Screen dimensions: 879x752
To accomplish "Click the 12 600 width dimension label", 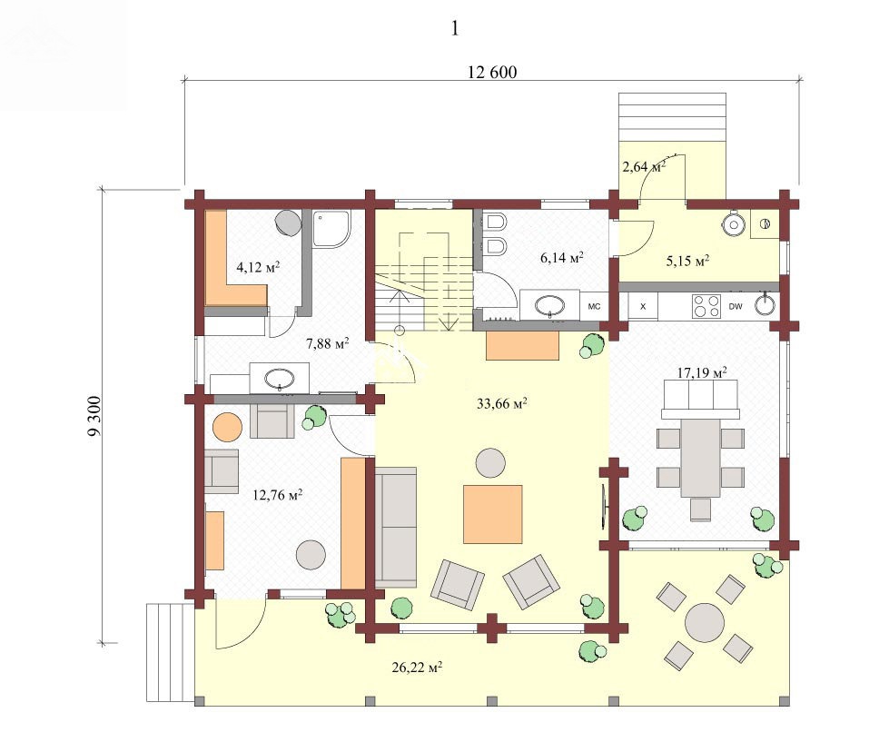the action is (x=492, y=73).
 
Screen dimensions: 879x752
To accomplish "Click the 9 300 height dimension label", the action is (x=94, y=416).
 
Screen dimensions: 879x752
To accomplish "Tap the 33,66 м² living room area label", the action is (x=502, y=403).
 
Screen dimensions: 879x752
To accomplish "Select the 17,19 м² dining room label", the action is (x=702, y=372).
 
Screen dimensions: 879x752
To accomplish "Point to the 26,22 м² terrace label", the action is (x=417, y=668).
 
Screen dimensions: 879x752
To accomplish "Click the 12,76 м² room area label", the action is (x=278, y=495).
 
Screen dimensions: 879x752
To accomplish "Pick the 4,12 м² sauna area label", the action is (x=258, y=268).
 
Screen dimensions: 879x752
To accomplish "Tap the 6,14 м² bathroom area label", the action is (x=562, y=257).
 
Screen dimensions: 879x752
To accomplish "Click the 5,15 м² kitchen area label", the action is (x=687, y=261).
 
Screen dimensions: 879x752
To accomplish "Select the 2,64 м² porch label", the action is (x=644, y=166).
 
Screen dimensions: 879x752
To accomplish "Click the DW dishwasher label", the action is (x=736, y=306).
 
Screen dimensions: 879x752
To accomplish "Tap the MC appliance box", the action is (x=594, y=306).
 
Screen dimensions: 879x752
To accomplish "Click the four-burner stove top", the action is (x=706, y=307).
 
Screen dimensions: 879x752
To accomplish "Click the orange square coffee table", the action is (x=493, y=514).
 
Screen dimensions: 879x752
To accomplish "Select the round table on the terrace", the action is (x=705, y=622).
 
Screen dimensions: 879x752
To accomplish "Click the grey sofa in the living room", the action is (x=396, y=527).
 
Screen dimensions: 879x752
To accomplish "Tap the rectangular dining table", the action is (x=701, y=458).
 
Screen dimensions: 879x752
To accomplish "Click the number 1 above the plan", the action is (x=455, y=28).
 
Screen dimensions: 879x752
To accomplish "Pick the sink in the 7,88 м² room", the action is (x=279, y=379).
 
